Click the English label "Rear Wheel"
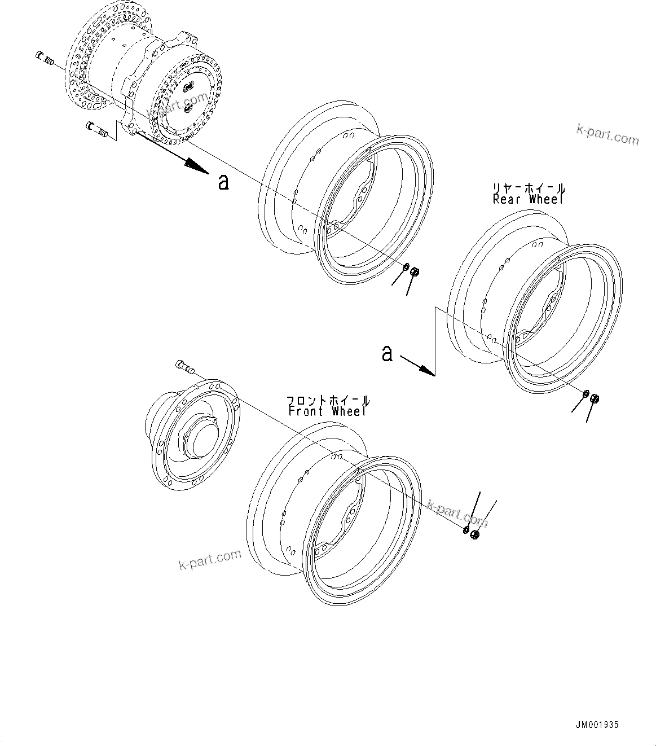(x=527, y=199)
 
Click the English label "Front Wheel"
(x=327, y=411)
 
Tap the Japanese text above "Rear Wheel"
(x=529, y=188)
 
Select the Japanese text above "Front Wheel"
(x=329, y=401)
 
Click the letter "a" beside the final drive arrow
(x=223, y=182)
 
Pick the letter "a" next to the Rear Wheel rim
(x=387, y=354)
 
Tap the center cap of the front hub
(x=200, y=436)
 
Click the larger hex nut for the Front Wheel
(x=474, y=535)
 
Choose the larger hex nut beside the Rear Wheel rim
(x=594, y=399)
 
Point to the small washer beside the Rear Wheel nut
(x=585, y=394)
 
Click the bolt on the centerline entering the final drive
(x=43, y=56)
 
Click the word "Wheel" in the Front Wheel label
(x=349, y=411)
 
